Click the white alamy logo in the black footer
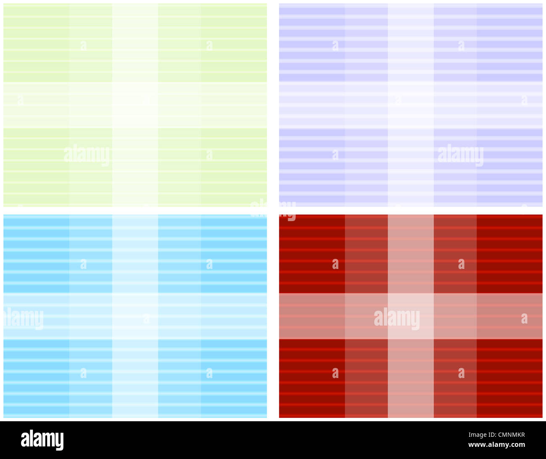(42, 440)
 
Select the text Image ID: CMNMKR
(496, 435)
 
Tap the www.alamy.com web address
(496, 445)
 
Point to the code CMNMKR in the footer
(511, 435)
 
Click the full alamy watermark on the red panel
(396, 318)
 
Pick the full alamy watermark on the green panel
(87, 155)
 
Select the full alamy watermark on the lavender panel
(460, 155)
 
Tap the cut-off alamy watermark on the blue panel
(24, 318)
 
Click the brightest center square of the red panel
(410, 316)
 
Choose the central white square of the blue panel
(135, 316)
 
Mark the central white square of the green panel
(135, 105)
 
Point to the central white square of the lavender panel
(410, 105)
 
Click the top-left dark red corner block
(312, 254)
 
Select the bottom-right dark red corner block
(509, 378)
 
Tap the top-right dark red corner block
(509, 254)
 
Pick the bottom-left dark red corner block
(312, 378)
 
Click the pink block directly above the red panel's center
(410, 254)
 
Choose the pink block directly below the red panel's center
(410, 378)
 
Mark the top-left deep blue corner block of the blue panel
(37, 254)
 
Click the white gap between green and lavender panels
(273, 105)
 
